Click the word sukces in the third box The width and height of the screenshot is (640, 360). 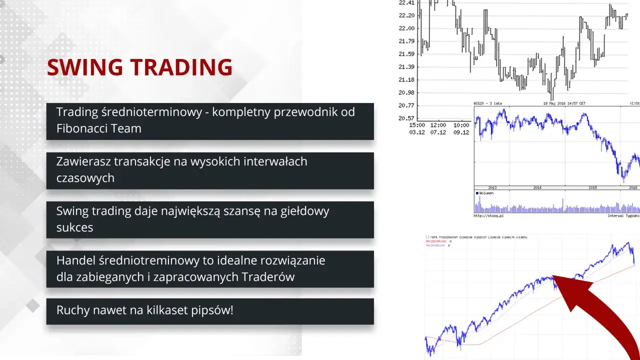(74, 227)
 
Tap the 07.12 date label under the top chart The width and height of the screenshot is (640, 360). (439, 132)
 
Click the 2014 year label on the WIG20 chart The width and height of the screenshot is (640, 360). (537, 187)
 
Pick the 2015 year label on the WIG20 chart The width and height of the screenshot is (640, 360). (592, 187)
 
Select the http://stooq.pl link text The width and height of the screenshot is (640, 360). (489, 216)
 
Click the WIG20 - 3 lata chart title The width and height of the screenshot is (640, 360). (488, 103)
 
